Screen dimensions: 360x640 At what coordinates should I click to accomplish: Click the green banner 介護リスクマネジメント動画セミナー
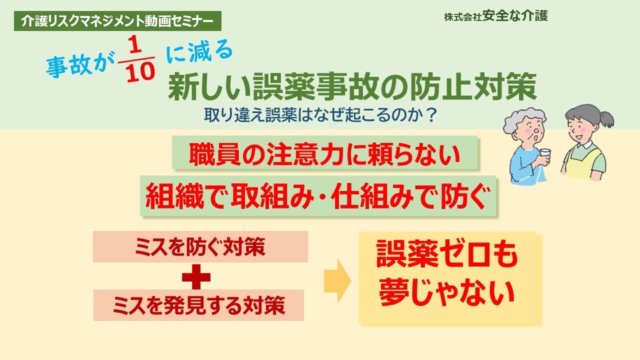click(117, 20)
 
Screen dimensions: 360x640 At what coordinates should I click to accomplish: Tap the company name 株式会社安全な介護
click(495, 16)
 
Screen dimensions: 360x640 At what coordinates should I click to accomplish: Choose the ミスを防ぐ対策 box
click(200, 247)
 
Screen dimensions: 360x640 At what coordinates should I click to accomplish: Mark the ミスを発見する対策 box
click(198, 305)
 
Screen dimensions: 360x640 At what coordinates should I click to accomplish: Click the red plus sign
click(195, 276)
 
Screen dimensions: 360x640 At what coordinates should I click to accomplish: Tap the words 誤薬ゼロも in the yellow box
click(446, 257)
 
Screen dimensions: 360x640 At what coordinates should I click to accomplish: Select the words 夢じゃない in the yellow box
click(446, 293)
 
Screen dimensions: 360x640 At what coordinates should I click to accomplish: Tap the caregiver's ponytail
click(606, 119)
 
